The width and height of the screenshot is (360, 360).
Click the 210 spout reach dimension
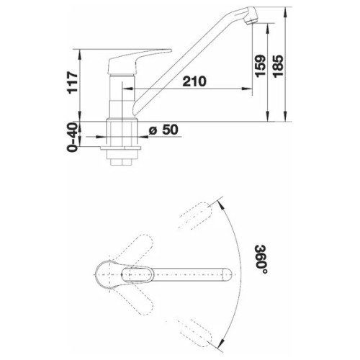[x=194, y=81]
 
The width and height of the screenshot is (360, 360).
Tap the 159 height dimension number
[x=261, y=66]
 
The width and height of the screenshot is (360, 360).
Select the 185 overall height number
[x=278, y=66]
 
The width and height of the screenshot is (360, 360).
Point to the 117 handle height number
[x=73, y=82]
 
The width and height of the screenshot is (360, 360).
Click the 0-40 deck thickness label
[x=73, y=137]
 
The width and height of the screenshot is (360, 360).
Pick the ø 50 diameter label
[x=163, y=130]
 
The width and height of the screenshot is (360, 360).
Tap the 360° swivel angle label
[x=261, y=260]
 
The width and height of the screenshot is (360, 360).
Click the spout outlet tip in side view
[x=251, y=22]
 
